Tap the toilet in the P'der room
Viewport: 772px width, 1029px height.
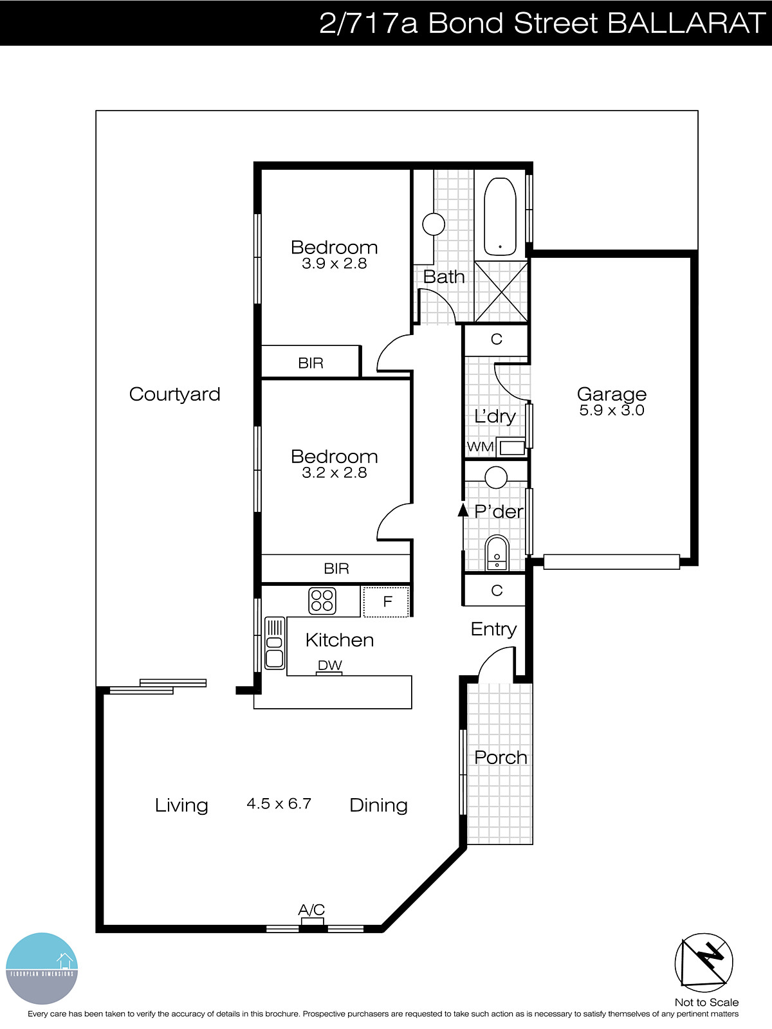click(497, 553)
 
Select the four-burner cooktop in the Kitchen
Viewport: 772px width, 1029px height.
click(322, 600)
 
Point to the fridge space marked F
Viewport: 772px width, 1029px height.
click(387, 602)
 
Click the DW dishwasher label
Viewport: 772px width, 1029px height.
click(329, 665)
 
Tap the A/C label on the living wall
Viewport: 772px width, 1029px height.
click(311, 909)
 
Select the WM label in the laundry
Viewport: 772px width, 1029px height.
click(480, 446)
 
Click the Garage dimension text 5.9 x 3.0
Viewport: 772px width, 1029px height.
click(611, 410)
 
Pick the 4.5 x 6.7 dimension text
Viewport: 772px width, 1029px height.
click(279, 804)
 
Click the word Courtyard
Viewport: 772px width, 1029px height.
click(174, 394)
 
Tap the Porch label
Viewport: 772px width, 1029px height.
click(501, 758)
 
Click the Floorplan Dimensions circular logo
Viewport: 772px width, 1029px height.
click(42, 969)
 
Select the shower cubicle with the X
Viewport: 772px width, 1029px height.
click(501, 291)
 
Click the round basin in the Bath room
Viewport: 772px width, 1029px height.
click(434, 224)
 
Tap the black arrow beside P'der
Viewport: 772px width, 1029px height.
click(463, 510)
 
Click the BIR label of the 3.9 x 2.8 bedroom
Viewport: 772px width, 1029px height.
click(311, 363)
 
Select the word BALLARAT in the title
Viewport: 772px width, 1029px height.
click(686, 23)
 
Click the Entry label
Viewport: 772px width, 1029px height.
click(493, 629)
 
